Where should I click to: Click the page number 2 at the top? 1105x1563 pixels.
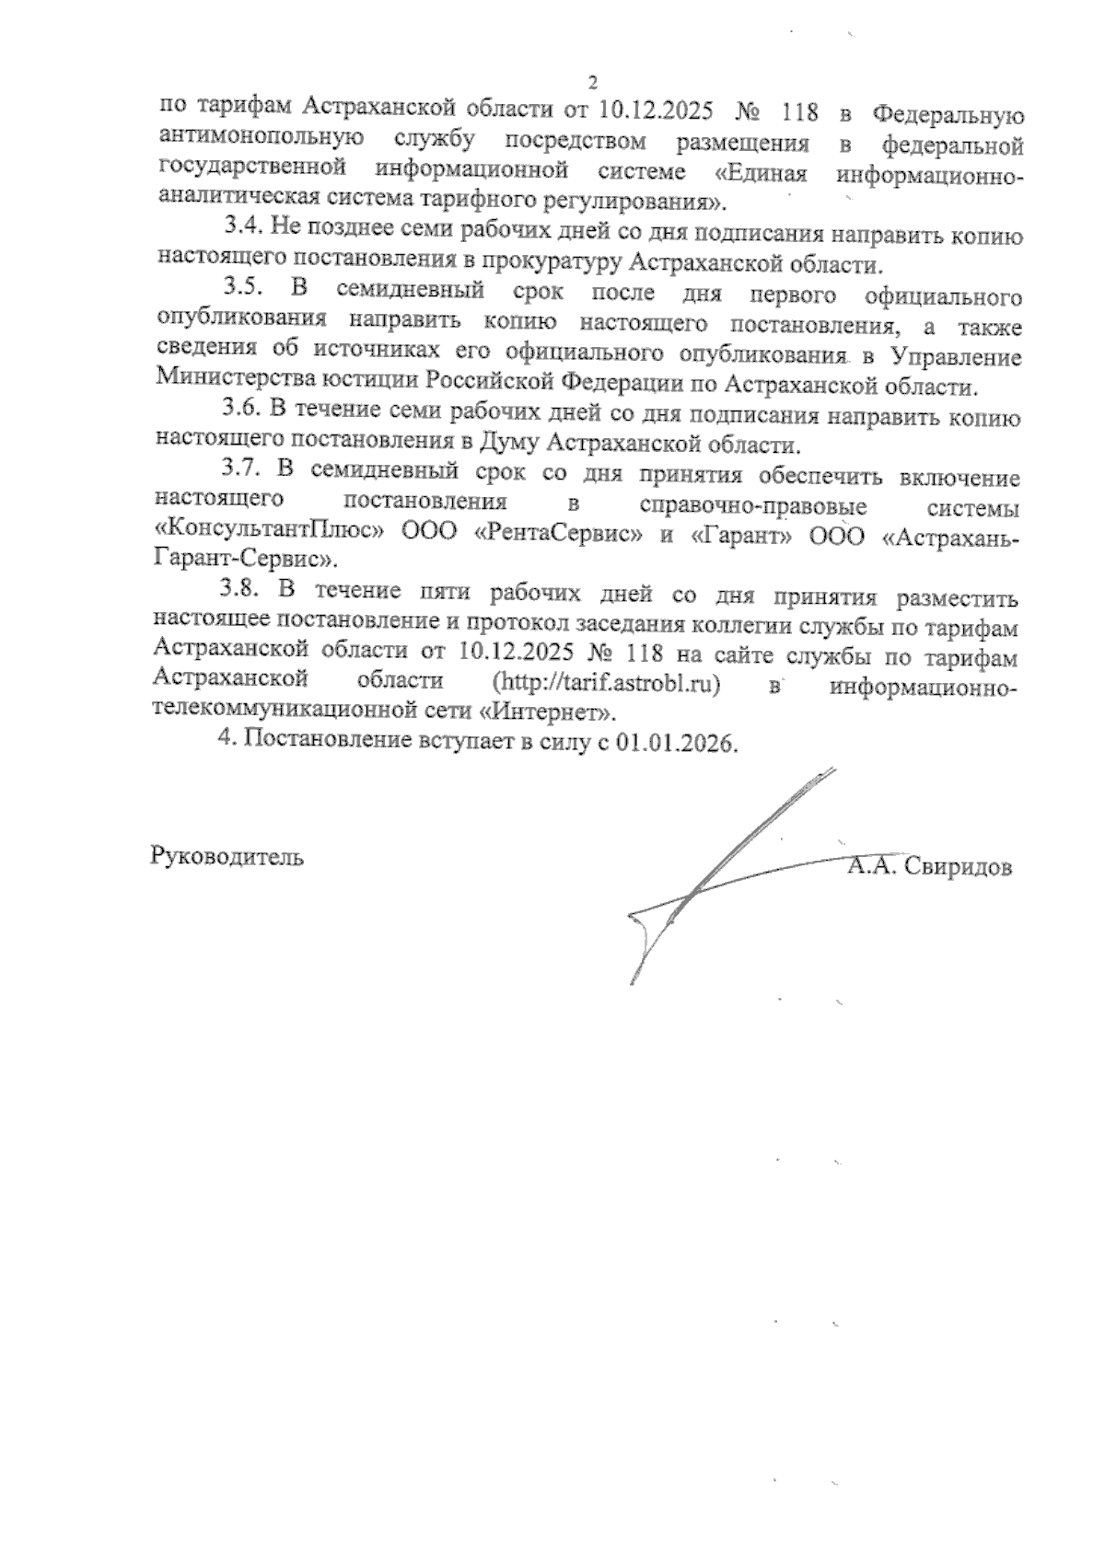click(592, 82)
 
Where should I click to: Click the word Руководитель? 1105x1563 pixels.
click(227, 857)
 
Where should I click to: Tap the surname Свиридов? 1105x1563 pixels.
click(957, 867)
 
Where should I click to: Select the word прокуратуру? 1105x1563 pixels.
click(547, 264)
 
